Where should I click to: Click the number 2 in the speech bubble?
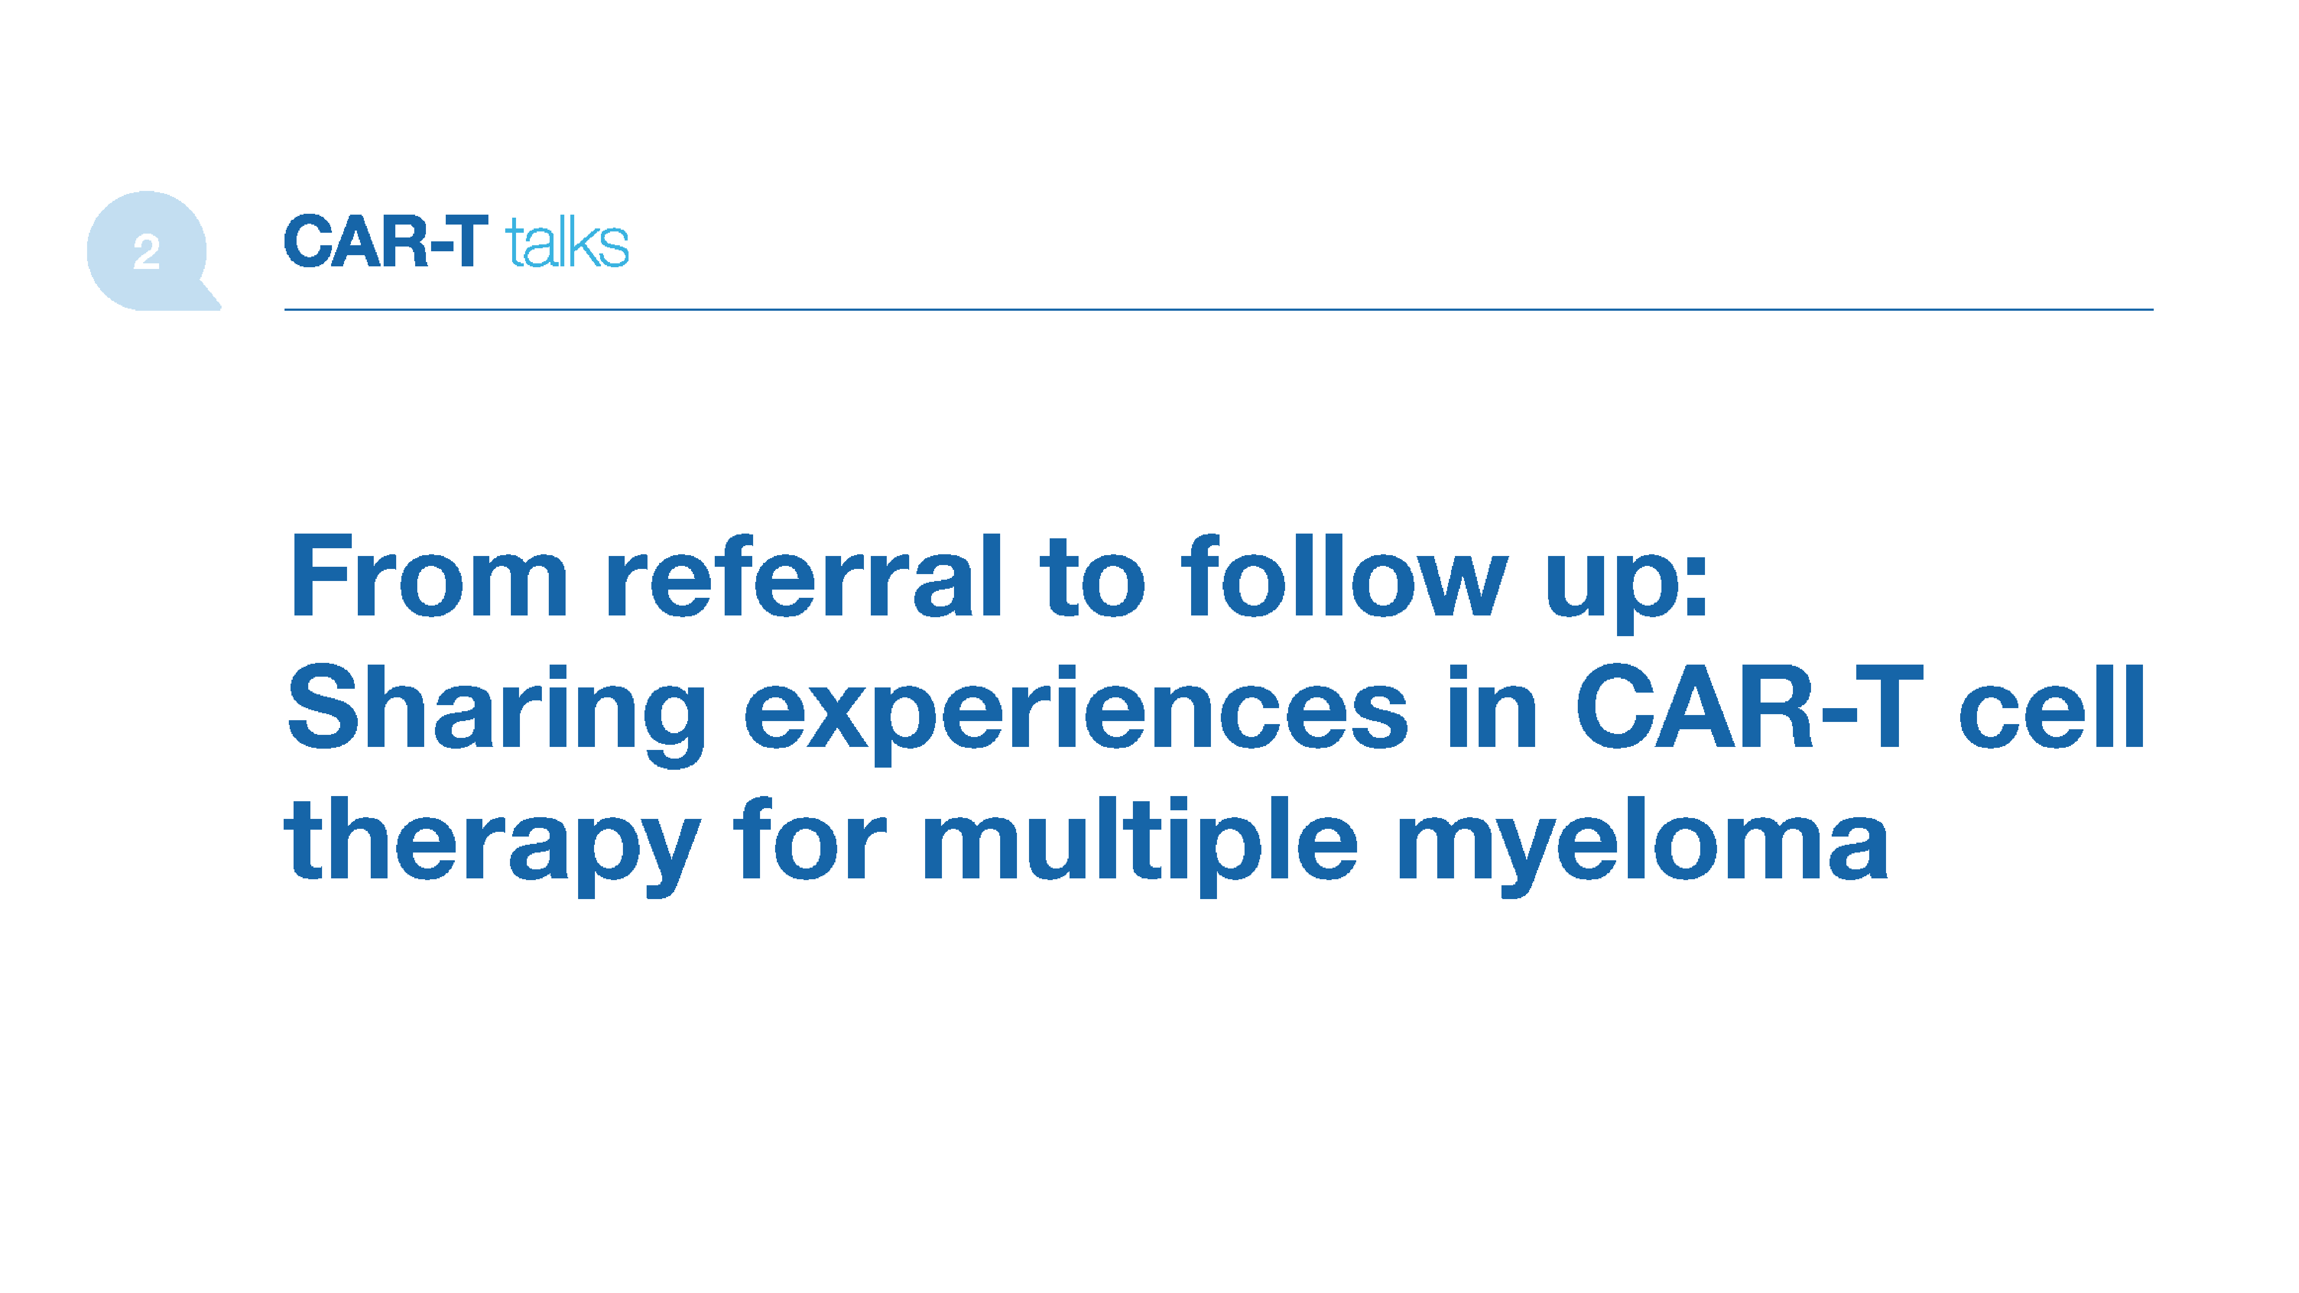[147, 252]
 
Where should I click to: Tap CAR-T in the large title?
[1749, 707]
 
